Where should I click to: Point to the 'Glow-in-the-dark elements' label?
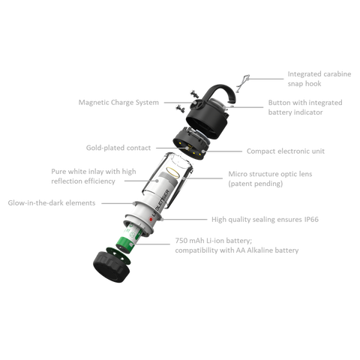pos(52,202)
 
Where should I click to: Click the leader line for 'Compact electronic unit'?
pos(221,151)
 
